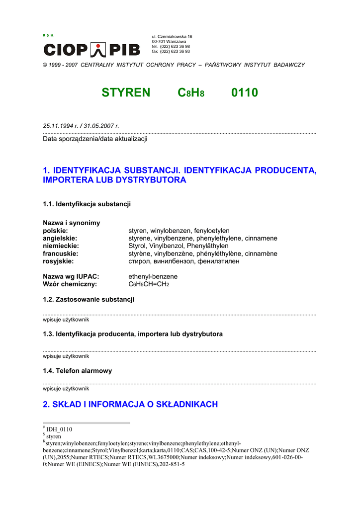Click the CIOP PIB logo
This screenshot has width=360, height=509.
(92, 50)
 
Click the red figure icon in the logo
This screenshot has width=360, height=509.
(99, 50)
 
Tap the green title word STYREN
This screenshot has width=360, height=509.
(126, 92)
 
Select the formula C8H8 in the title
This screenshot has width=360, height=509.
(191, 92)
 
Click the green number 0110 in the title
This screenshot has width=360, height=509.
(245, 92)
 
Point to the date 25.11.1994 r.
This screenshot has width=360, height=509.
(61, 126)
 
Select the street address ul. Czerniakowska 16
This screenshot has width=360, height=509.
(172, 37)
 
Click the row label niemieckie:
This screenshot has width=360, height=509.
(61, 246)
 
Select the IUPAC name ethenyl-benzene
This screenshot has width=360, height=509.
(153, 276)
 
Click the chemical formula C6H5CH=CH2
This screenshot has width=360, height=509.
(149, 284)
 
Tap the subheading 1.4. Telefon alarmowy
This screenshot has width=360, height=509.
(78, 371)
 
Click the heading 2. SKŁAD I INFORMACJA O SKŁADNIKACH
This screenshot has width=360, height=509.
(130, 404)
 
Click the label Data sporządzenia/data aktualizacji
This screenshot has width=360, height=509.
(95, 139)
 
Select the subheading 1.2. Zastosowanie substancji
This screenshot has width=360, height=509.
(89, 299)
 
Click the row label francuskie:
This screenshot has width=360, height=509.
(61, 254)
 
